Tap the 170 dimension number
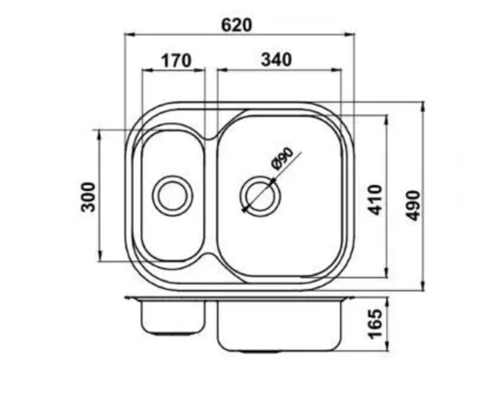[176, 60]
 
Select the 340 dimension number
[277, 60]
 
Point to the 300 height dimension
[89, 197]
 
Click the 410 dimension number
[375, 200]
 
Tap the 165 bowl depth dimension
[375, 324]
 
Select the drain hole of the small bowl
[172, 196]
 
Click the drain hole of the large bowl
[260, 196]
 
